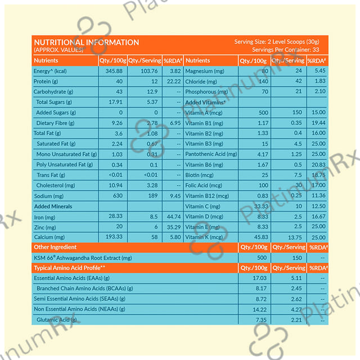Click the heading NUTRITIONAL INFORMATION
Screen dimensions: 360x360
[86, 42]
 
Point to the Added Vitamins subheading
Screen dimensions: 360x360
[205, 102]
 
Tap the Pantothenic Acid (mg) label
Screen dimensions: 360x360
[211, 154]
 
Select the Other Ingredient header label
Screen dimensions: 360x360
[55, 247]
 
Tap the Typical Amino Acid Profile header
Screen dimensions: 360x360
[70, 268]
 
